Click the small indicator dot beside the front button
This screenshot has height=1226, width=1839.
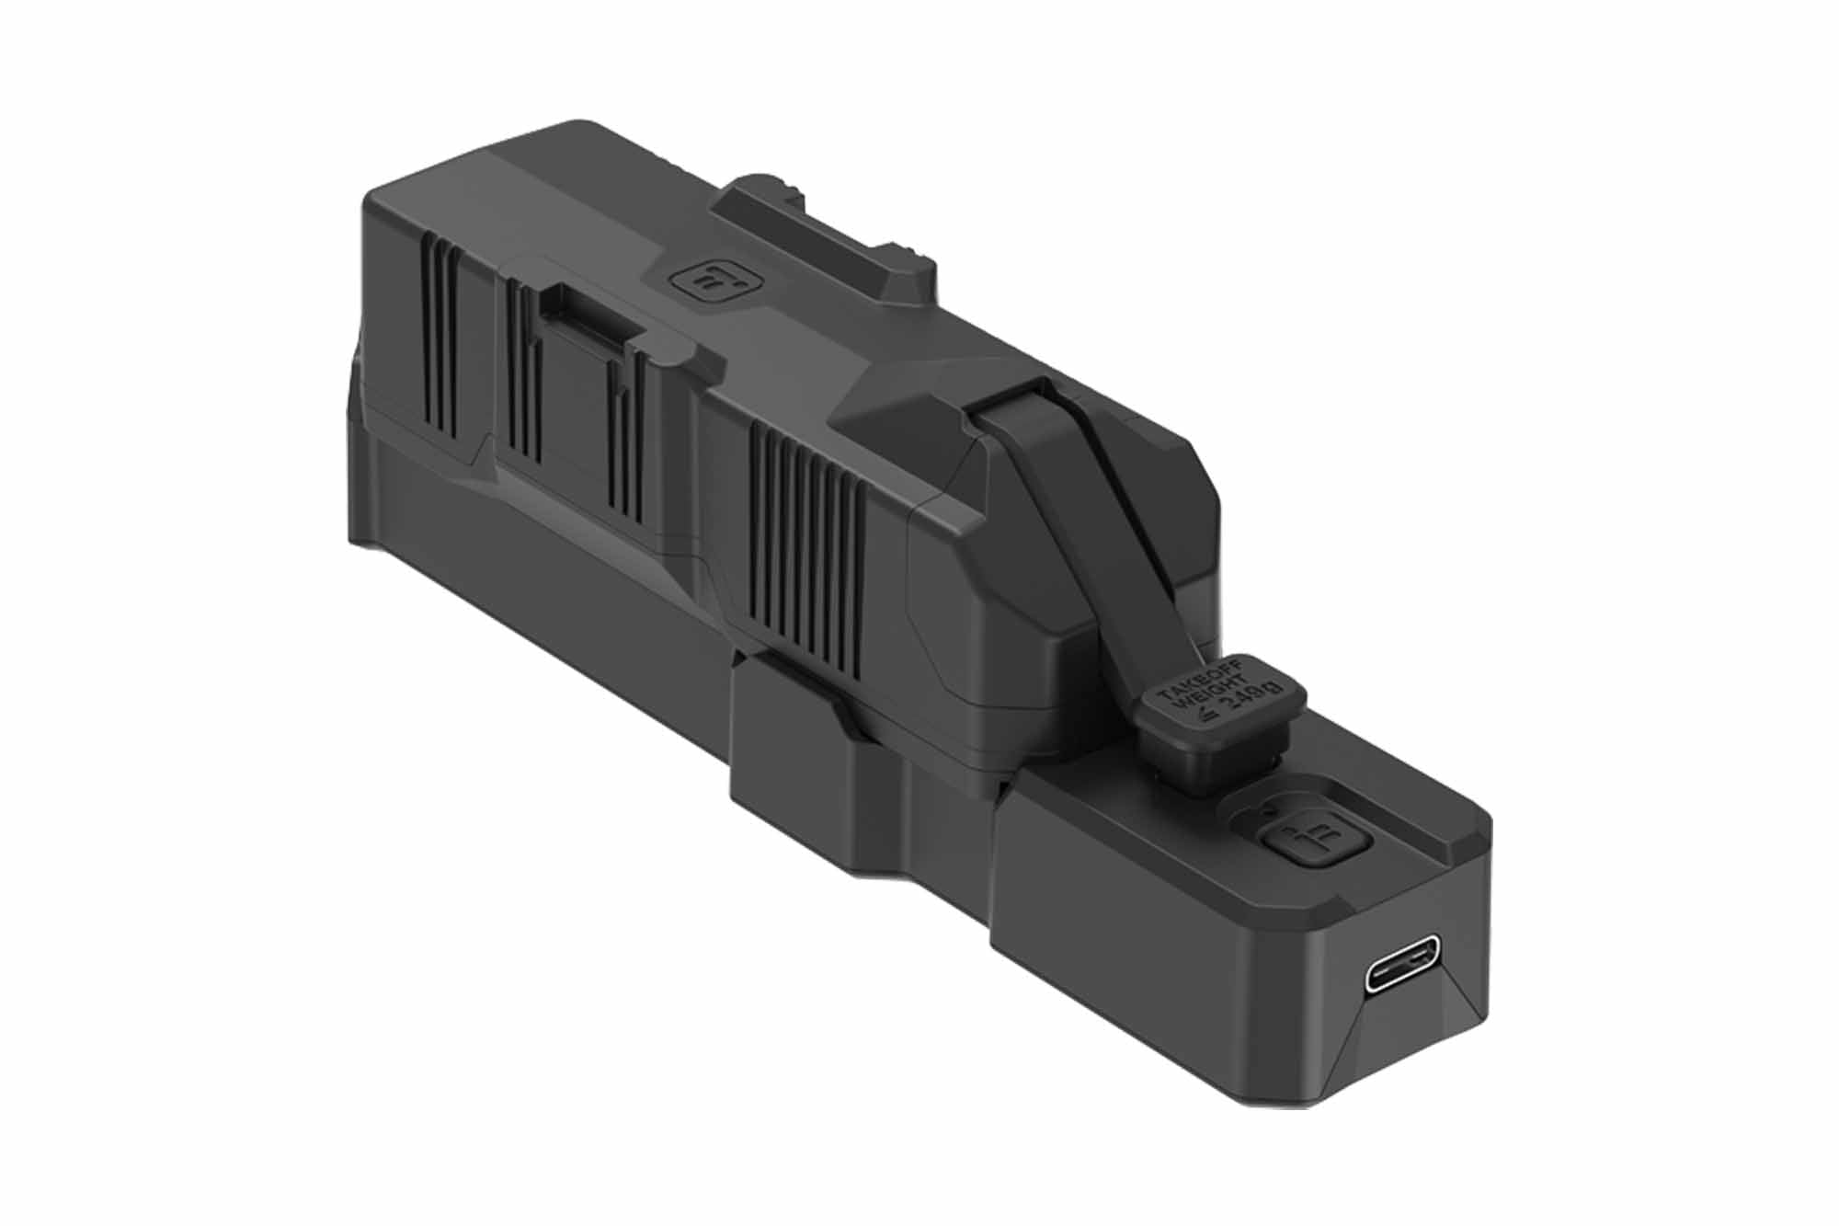click(x=1270, y=810)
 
